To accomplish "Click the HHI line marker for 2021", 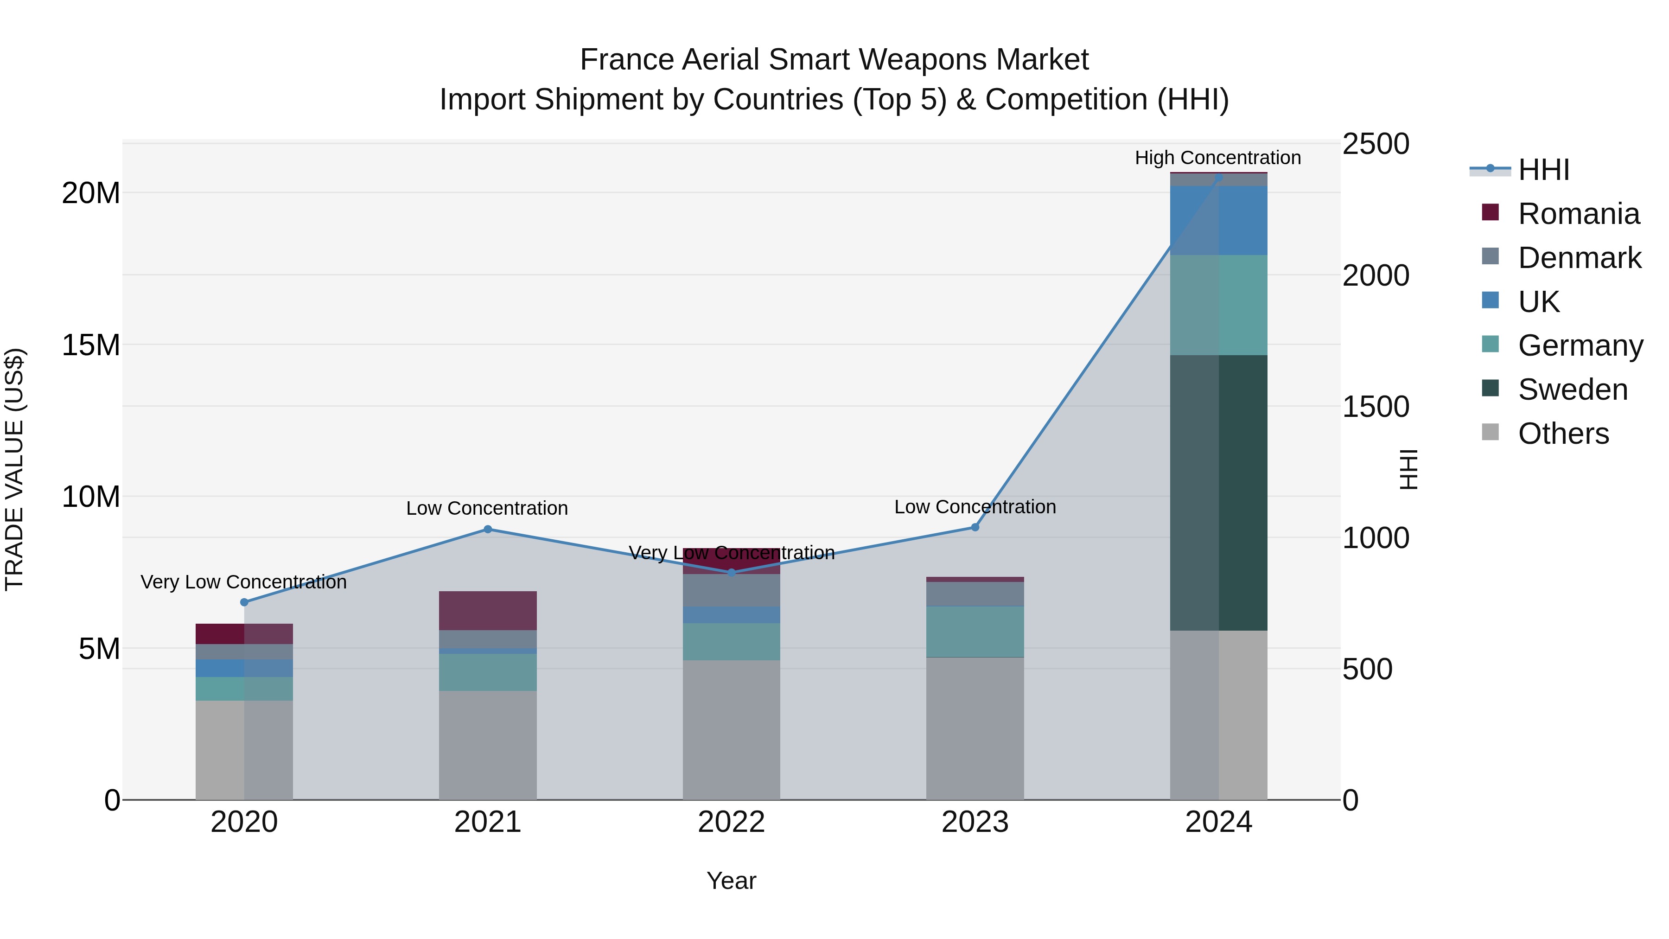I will [488, 530].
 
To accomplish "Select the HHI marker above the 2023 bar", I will [975, 528].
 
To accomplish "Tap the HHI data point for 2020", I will [244, 602].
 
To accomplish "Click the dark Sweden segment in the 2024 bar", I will [1219, 492].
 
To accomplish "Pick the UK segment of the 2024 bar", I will [1219, 220].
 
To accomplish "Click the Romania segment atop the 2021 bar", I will [488, 610].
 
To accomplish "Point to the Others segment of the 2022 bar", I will [732, 729].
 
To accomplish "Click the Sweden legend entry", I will [1573, 390].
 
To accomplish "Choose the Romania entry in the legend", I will [1578, 214].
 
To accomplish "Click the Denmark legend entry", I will [1579, 258].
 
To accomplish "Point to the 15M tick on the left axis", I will [91, 345].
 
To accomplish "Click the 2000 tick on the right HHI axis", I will [1376, 275].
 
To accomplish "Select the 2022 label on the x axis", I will [732, 822].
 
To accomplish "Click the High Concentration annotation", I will [1217, 158].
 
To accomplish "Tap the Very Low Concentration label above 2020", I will [243, 582].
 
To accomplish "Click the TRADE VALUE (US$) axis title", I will [14, 469].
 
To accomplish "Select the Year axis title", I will [732, 881].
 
